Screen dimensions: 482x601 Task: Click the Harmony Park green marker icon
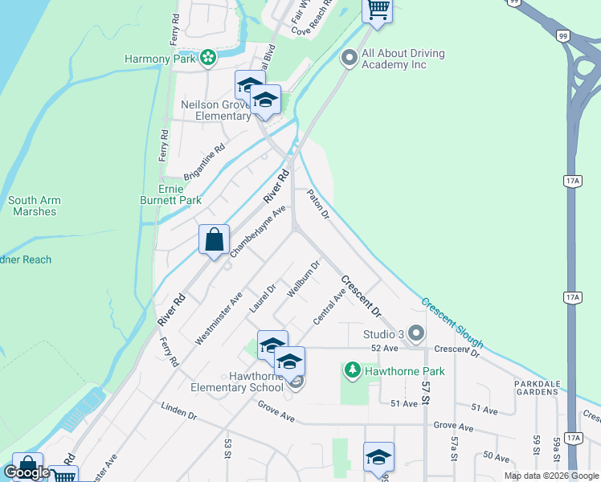[208, 58]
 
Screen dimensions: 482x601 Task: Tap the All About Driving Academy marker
[349, 59]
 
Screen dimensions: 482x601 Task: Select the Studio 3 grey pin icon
[415, 333]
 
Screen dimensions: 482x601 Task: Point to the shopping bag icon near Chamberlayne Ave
[215, 240]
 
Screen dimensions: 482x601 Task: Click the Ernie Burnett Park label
[181, 194]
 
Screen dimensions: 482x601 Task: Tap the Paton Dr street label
[318, 204]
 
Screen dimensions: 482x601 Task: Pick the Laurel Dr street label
[263, 298]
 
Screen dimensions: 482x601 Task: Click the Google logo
[27, 472]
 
